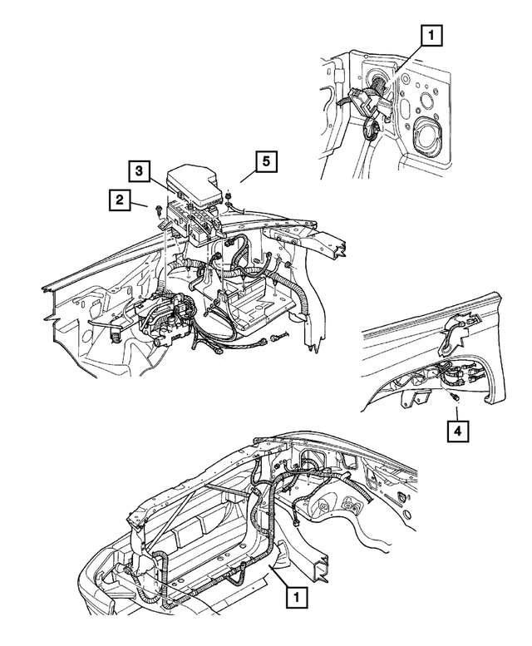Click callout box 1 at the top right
coord(432,36)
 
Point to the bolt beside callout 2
coord(157,214)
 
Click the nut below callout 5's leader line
coord(226,195)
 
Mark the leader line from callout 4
coord(456,413)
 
